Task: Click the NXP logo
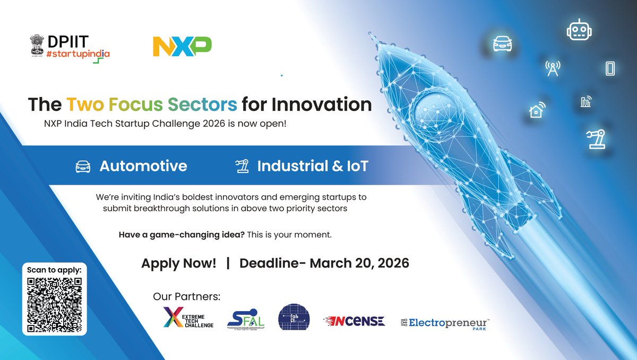[x=182, y=47]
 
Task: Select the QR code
[x=54, y=305]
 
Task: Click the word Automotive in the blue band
[x=143, y=166]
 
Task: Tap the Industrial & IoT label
[x=312, y=166]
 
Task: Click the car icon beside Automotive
[x=84, y=166]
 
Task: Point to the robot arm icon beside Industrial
[x=242, y=166]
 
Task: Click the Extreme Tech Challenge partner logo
[x=188, y=318]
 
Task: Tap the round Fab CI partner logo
[x=294, y=317]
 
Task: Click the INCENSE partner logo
[x=354, y=321]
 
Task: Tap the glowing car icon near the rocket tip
[x=502, y=44]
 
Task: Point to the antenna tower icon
[x=553, y=68]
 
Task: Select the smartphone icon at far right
[x=610, y=68]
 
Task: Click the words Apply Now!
[x=178, y=263]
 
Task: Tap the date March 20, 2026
[x=359, y=263]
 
